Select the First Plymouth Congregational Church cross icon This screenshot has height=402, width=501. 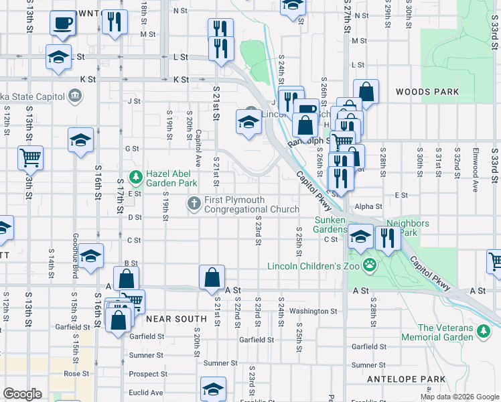(195, 203)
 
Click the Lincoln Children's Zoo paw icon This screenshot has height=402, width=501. (369, 266)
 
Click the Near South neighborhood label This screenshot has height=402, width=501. (176, 319)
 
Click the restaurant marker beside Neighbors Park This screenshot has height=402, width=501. (388, 237)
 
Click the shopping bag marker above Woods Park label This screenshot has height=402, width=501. (366, 90)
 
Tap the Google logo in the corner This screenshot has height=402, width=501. (21, 394)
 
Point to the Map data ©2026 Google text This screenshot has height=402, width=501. (459, 397)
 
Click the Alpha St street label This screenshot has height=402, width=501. (368, 207)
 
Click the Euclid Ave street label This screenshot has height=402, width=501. (146, 393)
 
